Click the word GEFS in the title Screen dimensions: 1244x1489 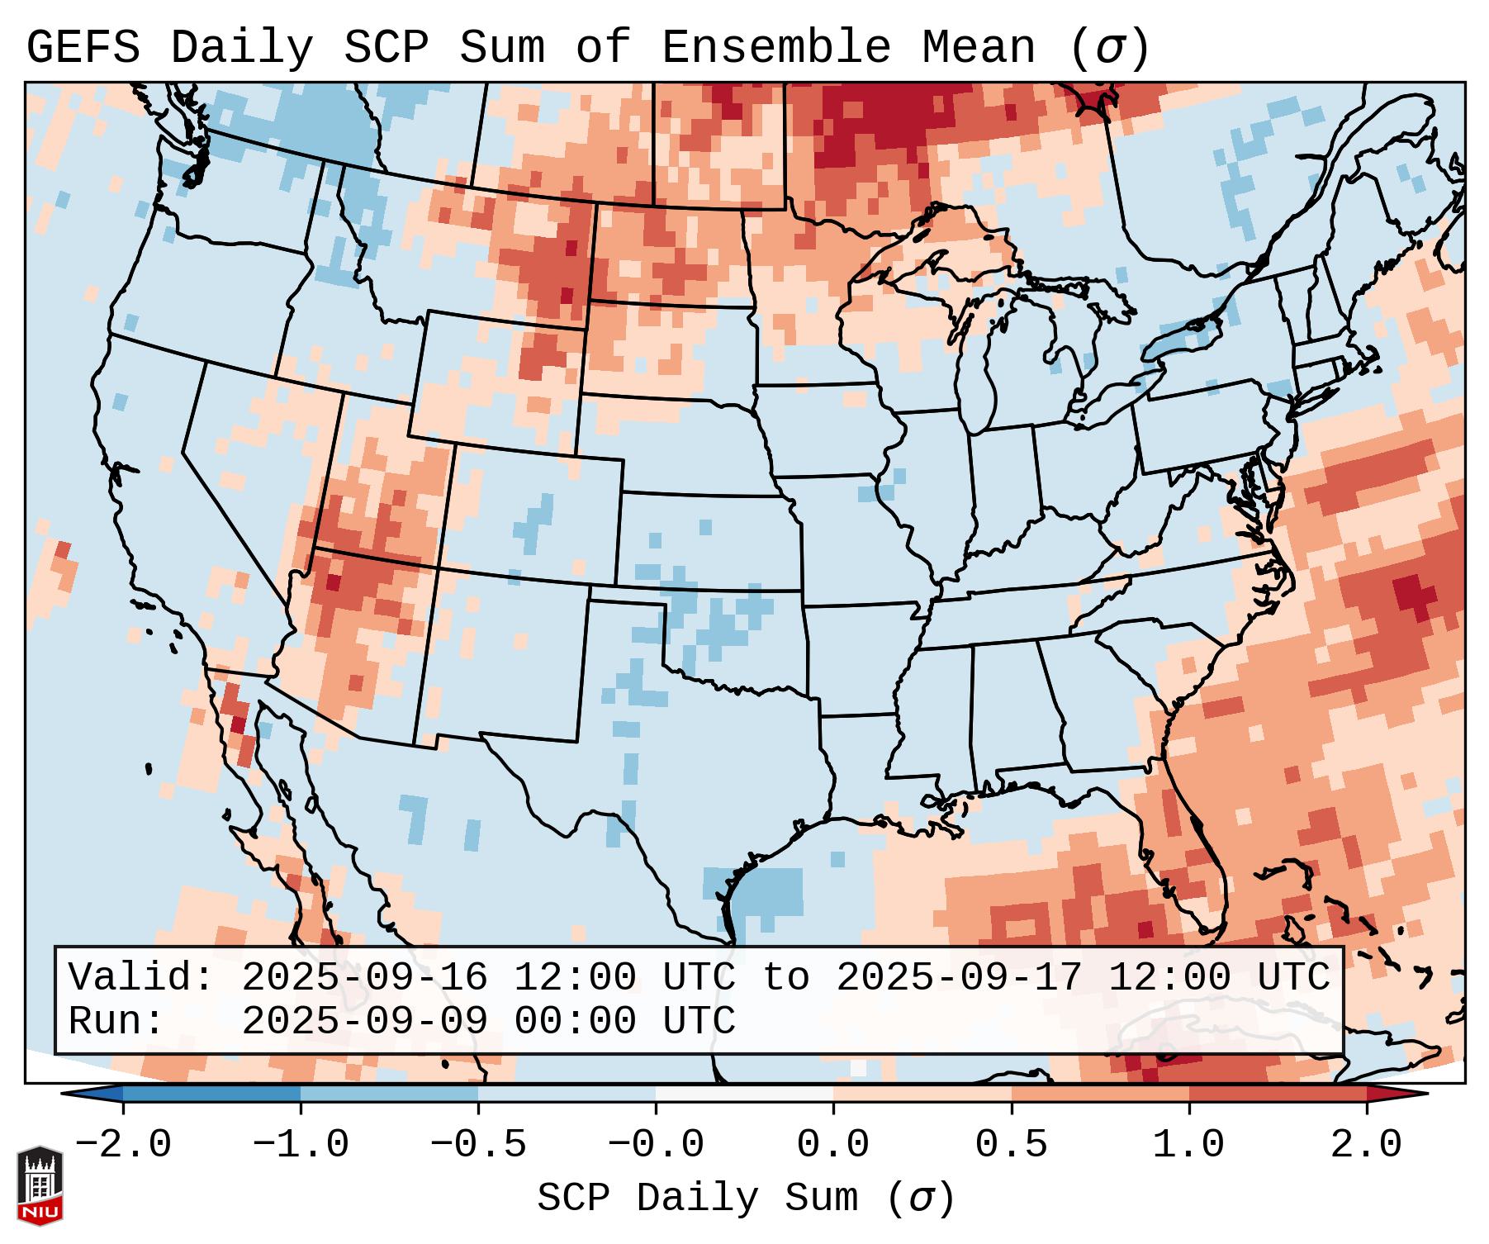[83, 48]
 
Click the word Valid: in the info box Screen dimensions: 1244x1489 [141, 977]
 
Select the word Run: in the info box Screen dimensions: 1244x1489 [116, 1022]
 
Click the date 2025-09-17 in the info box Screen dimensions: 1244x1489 [959, 977]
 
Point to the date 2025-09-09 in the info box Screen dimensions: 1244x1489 [364, 1022]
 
